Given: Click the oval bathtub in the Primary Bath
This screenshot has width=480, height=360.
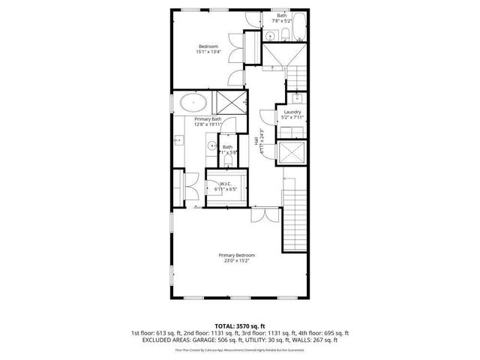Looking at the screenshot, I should (193, 103).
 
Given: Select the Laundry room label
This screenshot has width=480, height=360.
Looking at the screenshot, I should (292, 114).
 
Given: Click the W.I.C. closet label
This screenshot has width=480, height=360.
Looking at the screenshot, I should (224, 187).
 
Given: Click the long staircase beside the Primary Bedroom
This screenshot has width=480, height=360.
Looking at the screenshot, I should (294, 217).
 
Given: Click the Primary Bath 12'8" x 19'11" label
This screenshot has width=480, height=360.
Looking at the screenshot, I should (208, 121).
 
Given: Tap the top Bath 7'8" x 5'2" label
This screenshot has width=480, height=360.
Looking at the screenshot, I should (281, 18).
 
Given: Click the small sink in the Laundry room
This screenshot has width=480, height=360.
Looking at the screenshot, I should (297, 97).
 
